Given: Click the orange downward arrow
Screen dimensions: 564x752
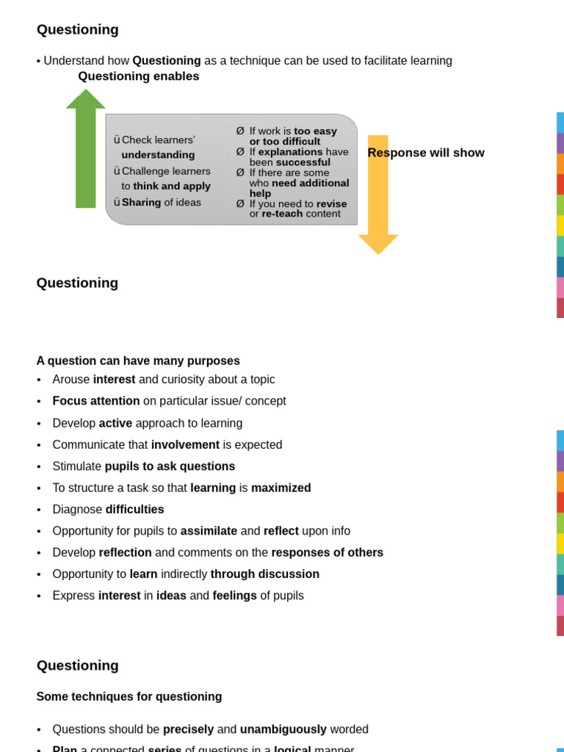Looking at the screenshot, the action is point(378,198).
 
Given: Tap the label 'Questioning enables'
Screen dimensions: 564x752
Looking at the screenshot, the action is point(139,76).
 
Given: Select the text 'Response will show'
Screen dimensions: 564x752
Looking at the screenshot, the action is point(426,153).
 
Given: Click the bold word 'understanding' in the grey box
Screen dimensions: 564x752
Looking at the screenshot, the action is point(158,155).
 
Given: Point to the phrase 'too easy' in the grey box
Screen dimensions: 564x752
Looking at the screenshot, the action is point(315,131).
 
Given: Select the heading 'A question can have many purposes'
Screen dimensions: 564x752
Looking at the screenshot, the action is point(138,361).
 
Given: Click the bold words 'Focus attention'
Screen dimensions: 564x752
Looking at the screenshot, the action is point(96,401).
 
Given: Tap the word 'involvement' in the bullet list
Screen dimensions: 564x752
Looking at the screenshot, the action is point(185,444).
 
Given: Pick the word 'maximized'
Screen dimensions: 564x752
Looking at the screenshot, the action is point(281,488).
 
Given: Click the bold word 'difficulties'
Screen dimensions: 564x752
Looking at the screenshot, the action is point(134,509).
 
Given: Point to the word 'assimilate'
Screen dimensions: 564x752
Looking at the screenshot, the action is point(209,531).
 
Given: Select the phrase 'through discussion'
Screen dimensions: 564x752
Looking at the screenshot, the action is point(265,574).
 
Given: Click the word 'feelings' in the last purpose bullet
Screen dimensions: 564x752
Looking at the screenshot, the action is point(234,596).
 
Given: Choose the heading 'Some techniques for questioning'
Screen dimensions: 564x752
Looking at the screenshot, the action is point(129,696).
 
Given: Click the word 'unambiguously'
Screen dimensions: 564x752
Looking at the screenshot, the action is point(283,729).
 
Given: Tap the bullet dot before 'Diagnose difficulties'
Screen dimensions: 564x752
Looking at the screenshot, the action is point(39,510).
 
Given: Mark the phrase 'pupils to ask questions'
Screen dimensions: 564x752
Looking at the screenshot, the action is point(170,466).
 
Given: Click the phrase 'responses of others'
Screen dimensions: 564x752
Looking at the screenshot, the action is point(327,552).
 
